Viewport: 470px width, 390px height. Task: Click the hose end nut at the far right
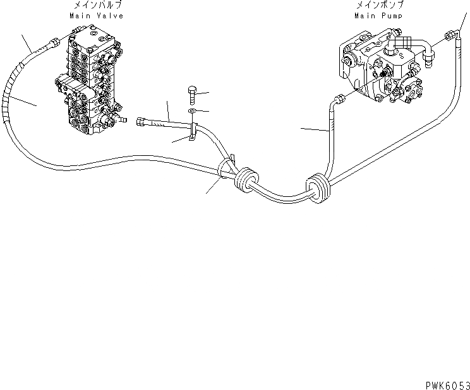[452, 37]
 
